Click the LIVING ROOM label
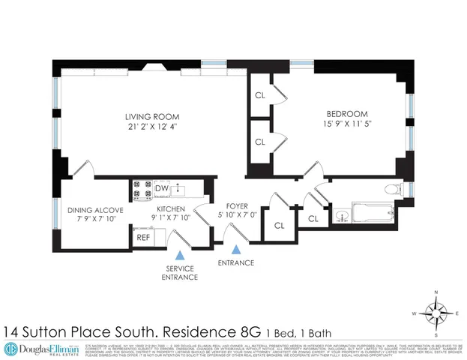(153, 116)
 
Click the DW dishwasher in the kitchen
(161, 188)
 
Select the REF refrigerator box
(143, 238)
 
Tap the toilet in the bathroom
(391, 188)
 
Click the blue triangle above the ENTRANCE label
(236, 250)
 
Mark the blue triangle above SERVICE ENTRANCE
(180, 256)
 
